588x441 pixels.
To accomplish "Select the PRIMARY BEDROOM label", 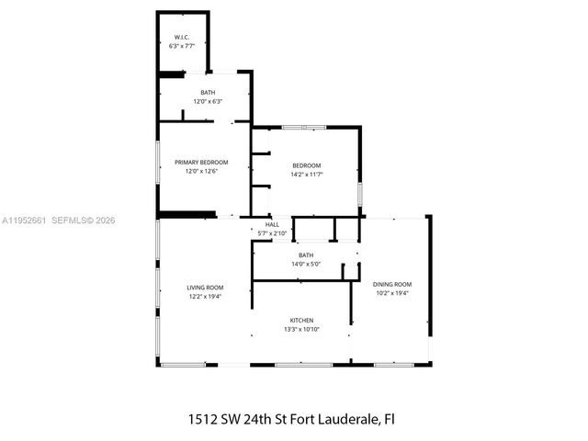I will pyautogui.click(x=201, y=163).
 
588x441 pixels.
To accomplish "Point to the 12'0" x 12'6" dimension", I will pyautogui.click(x=201, y=171).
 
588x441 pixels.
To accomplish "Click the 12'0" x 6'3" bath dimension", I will pyautogui.click(x=209, y=102).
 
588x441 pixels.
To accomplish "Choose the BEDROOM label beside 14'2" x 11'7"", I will pyautogui.click(x=307, y=165).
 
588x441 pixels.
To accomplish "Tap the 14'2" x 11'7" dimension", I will pyautogui.click(x=307, y=174).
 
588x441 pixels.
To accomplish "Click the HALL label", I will pyautogui.click(x=272, y=224).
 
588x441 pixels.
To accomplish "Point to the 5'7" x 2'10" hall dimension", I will pyautogui.click(x=272, y=233).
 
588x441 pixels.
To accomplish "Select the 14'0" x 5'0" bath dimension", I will pyautogui.click(x=306, y=264).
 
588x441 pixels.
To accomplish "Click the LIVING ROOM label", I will pyautogui.click(x=205, y=288).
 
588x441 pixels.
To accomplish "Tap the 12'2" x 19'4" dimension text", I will pyautogui.click(x=205, y=297).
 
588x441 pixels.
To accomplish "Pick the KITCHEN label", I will pyautogui.click(x=300, y=320).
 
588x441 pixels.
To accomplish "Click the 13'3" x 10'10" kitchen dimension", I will pyautogui.click(x=300, y=329).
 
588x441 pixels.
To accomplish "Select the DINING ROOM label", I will pyautogui.click(x=392, y=284).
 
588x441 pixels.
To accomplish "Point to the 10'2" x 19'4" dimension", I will pyautogui.click(x=392, y=293).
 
